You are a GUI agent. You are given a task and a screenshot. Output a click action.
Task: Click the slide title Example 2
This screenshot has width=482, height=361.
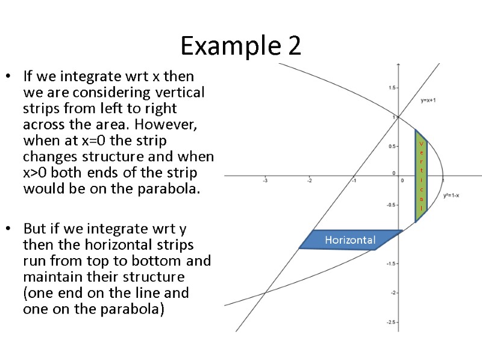pos(240,46)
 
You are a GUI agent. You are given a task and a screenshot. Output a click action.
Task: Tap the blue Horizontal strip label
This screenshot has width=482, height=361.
pos(350,240)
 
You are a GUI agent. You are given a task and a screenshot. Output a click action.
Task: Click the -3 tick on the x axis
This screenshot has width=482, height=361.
pos(264,179)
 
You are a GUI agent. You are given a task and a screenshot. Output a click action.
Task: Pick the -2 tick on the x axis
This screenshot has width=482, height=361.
pos(309,179)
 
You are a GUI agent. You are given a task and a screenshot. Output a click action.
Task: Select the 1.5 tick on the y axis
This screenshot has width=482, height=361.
pos(392,88)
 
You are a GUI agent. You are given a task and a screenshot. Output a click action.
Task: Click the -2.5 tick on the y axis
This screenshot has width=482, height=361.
pos(391,322)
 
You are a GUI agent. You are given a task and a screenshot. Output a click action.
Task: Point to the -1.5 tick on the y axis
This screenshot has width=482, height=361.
pos(391,264)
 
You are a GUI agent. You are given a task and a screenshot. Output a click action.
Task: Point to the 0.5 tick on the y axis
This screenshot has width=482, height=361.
pos(392,146)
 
